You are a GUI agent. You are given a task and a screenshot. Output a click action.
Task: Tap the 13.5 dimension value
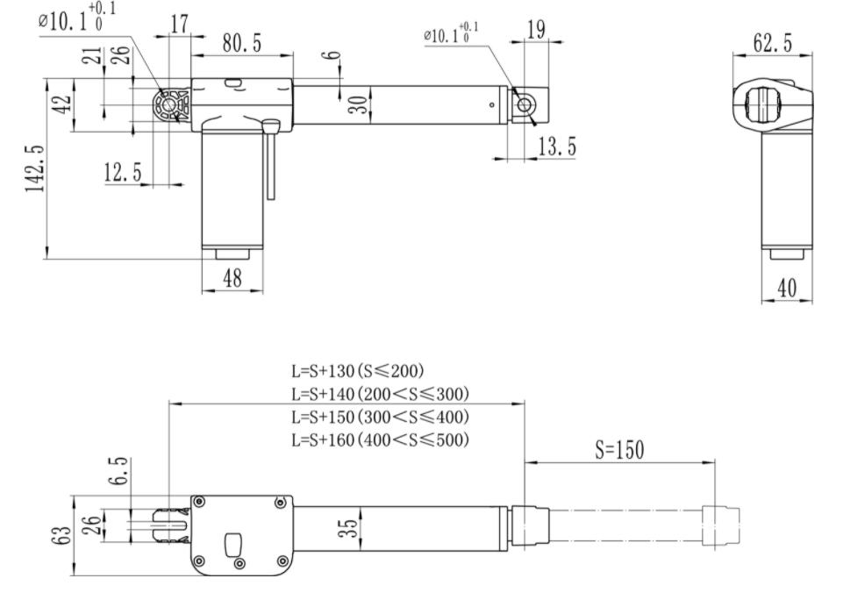point(556,147)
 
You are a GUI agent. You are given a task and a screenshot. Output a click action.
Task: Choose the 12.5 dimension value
point(122,173)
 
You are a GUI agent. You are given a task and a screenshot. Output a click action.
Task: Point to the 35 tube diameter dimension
point(348,528)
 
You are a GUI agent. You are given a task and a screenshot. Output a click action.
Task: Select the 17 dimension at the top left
point(179,25)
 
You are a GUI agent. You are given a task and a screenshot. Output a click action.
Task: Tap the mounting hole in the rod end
point(525,105)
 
